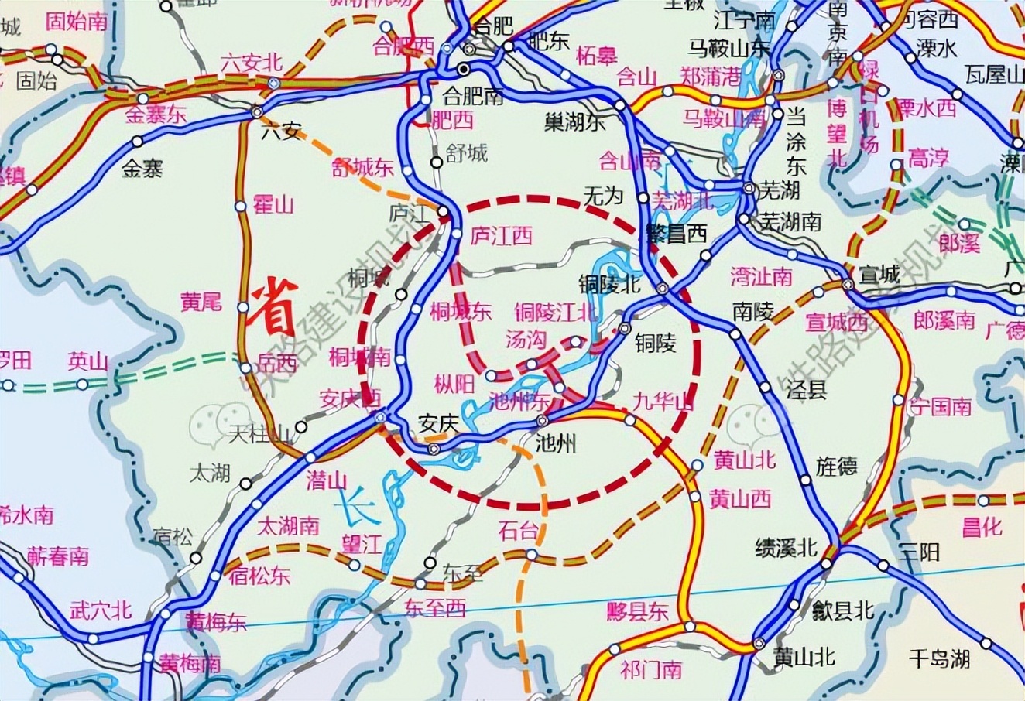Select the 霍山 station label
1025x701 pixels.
(274, 206)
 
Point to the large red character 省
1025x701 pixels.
(273, 304)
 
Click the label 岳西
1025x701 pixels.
(278, 363)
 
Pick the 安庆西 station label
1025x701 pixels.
(351, 399)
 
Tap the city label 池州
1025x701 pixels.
(557, 444)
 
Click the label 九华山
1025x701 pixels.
(663, 402)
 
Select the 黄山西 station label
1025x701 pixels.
(740, 499)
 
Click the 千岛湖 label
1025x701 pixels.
(939, 659)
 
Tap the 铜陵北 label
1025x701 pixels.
(610, 284)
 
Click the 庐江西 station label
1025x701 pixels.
(502, 236)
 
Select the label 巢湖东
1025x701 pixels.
(574, 122)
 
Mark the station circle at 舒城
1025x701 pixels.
(437, 162)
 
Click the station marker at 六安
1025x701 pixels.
(257, 113)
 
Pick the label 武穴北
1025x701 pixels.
(101, 611)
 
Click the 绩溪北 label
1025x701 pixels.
(786, 548)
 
